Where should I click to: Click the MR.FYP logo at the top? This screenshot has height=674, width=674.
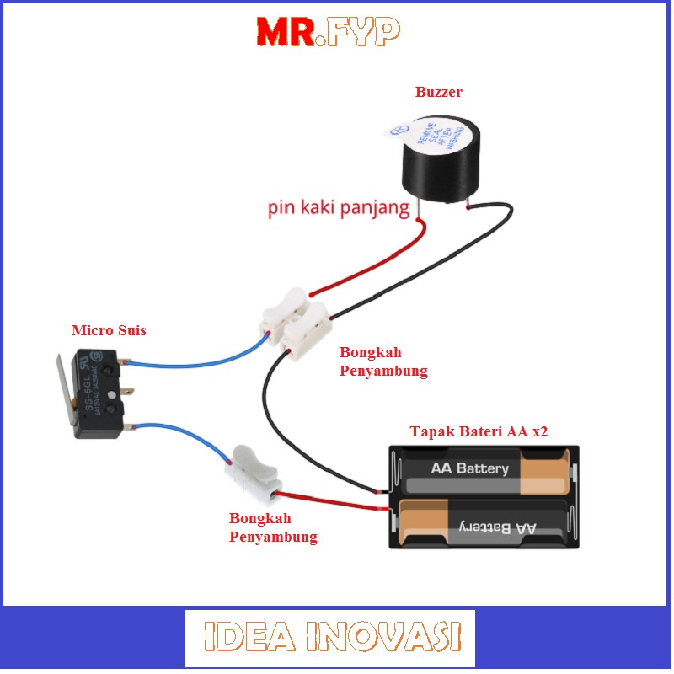tap(329, 31)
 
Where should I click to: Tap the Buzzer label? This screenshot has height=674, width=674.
tap(438, 93)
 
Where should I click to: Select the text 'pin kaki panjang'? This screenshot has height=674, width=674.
tap(339, 208)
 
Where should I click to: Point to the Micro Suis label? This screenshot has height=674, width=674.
tap(109, 330)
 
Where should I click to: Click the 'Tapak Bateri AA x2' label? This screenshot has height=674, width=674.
tap(479, 431)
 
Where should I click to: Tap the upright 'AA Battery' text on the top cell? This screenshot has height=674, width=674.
tap(470, 468)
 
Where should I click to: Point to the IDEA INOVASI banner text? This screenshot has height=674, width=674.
tap(330, 638)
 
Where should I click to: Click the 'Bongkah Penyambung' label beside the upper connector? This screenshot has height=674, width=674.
tap(383, 361)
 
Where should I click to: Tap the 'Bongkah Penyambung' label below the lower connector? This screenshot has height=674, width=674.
tap(273, 527)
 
